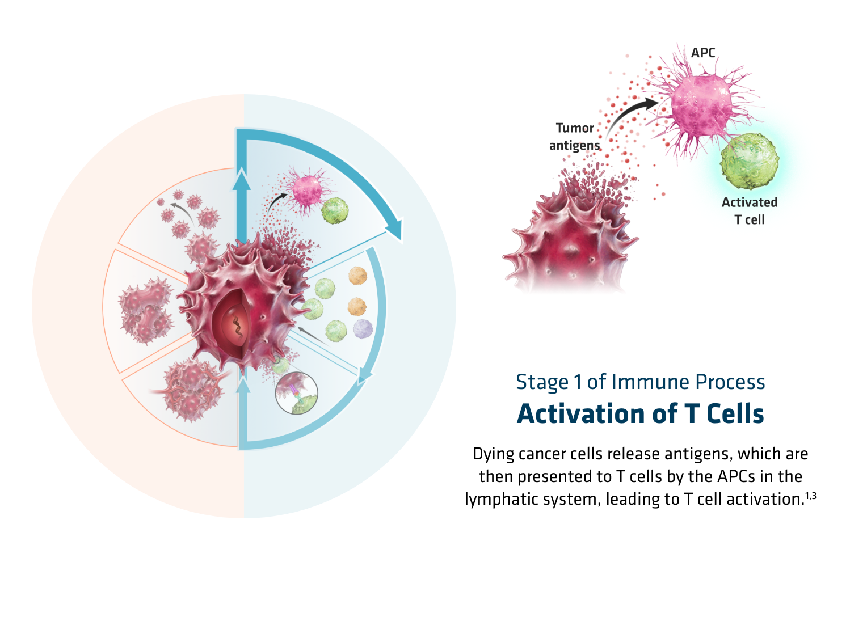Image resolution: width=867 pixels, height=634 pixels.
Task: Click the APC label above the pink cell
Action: [703, 53]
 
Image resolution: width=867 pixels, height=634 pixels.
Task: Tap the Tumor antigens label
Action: [574, 137]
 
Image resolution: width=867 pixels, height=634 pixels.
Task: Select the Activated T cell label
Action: [749, 211]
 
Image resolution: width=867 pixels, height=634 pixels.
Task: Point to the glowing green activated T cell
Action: [748, 161]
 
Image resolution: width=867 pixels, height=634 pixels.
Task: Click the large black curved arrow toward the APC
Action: [630, 113]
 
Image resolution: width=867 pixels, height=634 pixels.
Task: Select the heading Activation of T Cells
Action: [640, 414]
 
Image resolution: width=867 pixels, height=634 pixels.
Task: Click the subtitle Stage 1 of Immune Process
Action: [640, 382]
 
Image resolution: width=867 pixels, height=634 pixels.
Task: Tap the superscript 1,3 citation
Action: [810, 496]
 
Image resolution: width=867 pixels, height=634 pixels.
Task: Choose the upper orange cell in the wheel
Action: [357, 276]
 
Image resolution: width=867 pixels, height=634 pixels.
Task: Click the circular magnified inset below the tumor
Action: [296, 392]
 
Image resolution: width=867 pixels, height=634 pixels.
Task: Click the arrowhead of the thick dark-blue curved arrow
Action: [393, 230]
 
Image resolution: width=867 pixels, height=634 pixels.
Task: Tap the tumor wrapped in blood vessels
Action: [190, 388]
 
